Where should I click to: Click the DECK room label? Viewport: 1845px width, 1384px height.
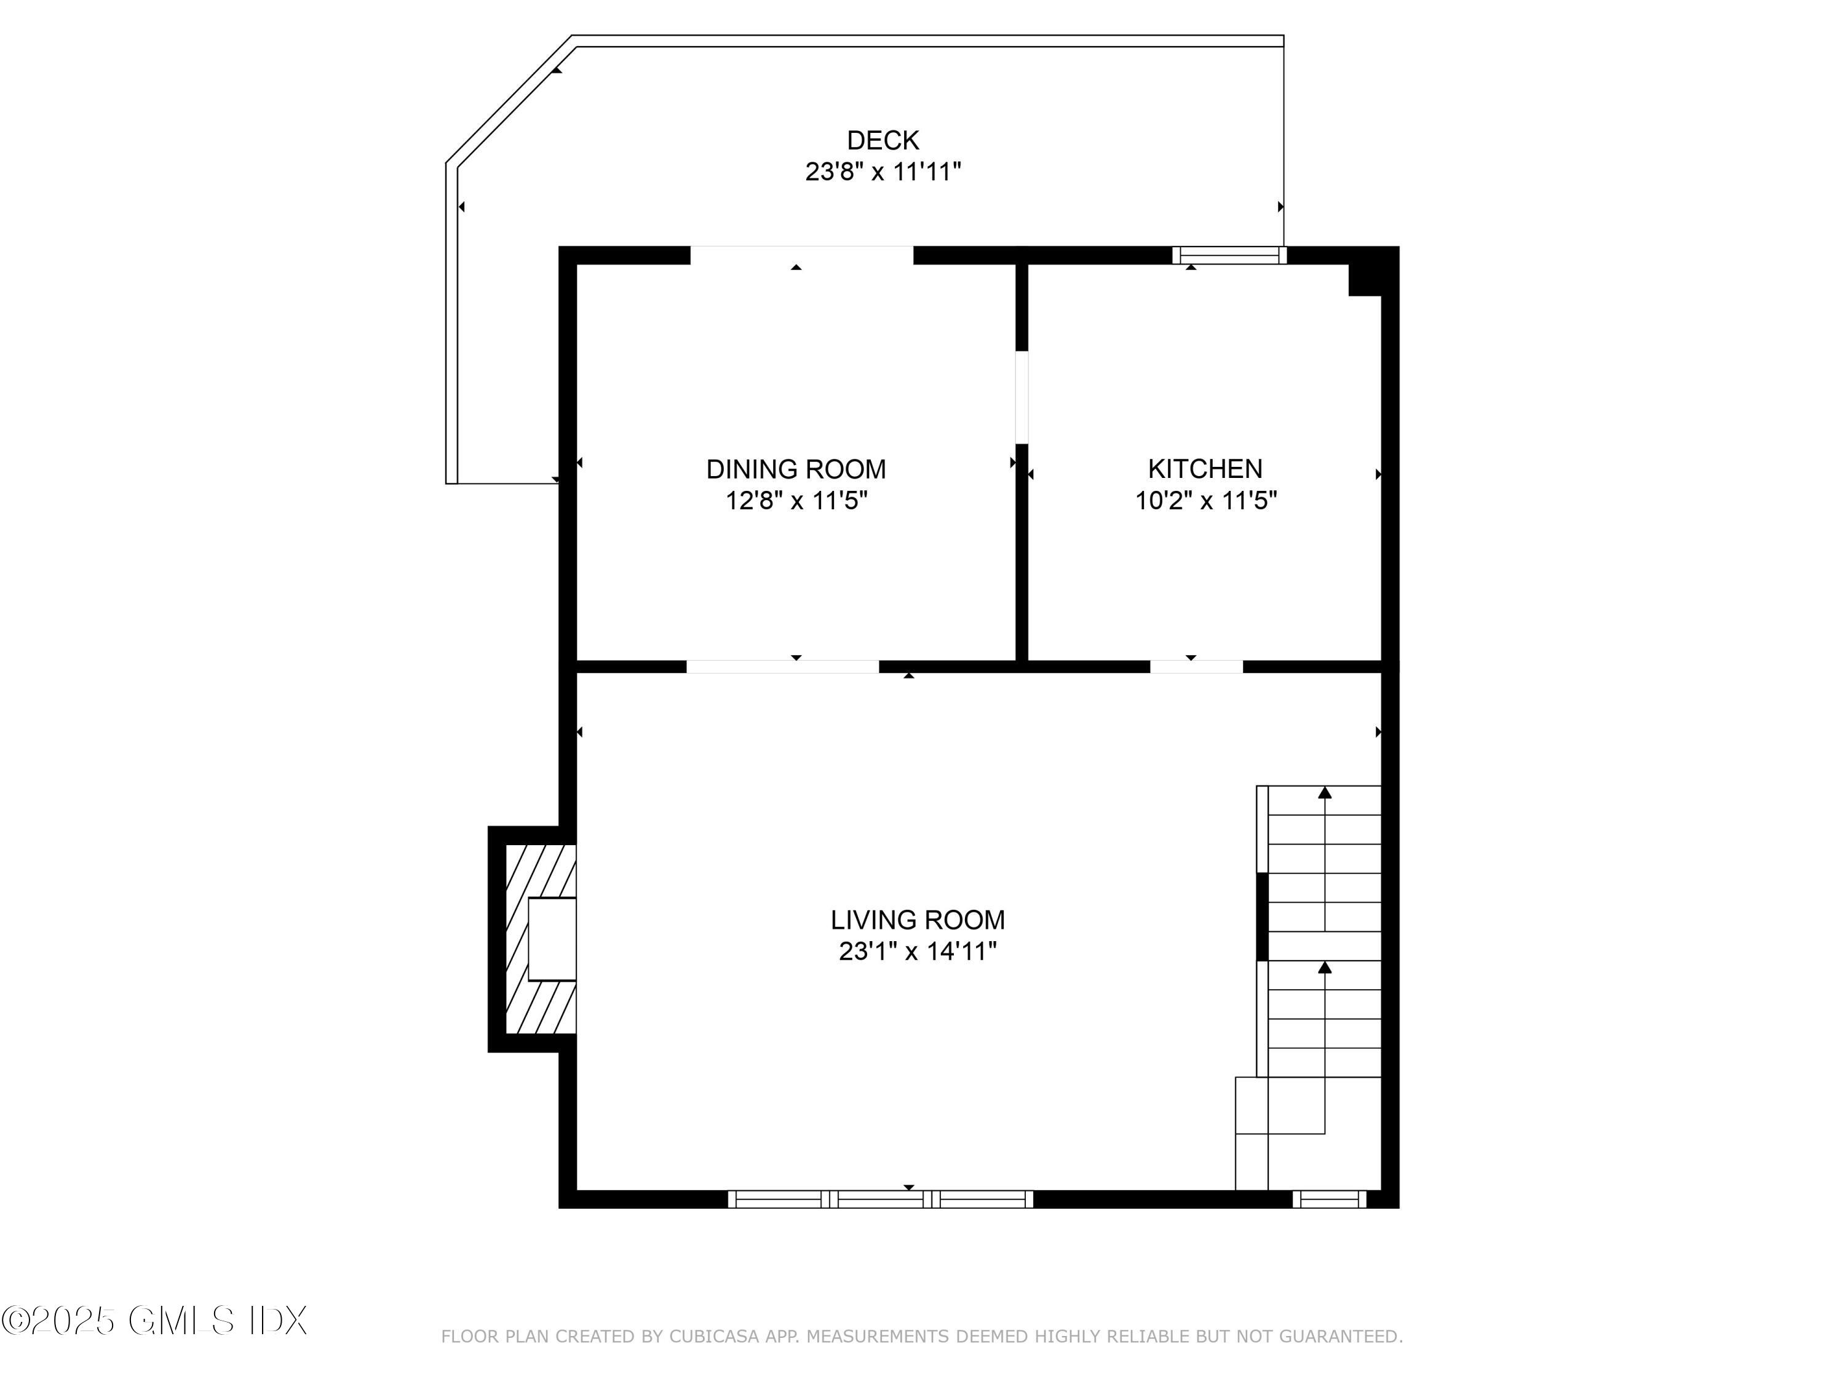[883, 140]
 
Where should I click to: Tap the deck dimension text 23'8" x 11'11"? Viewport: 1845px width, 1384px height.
[883, 172]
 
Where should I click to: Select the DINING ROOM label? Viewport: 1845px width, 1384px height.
[796, 470]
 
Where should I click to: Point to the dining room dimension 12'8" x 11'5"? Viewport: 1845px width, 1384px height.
[796, 501]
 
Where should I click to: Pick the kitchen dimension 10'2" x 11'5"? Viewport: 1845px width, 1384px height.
[1205, 501]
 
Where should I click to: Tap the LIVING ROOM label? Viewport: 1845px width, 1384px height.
[918, 920]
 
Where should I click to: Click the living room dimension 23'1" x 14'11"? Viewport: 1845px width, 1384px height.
[918, 951]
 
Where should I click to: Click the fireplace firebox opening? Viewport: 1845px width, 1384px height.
[551, 939]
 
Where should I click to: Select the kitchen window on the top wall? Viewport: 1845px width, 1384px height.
[1229, 255]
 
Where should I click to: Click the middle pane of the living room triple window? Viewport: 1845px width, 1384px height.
[880, 1199]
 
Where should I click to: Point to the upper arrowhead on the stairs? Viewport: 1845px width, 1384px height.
[1325, 792]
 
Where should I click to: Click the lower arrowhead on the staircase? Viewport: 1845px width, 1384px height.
[1325, 967]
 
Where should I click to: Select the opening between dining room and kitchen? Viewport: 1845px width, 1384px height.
[1022, 397]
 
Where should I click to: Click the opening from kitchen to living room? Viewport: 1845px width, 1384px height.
[1196, 667]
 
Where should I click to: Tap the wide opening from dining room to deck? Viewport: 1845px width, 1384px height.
[801, 255]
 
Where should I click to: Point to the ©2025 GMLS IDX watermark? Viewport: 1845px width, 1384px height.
[154, 1321]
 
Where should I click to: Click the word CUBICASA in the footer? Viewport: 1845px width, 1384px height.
[714, 1337]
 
